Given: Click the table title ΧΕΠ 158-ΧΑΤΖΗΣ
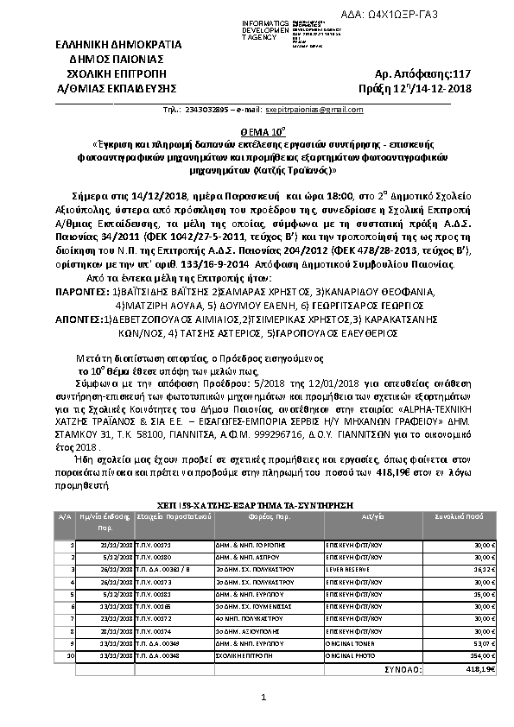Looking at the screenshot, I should click(x=258, y=501).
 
